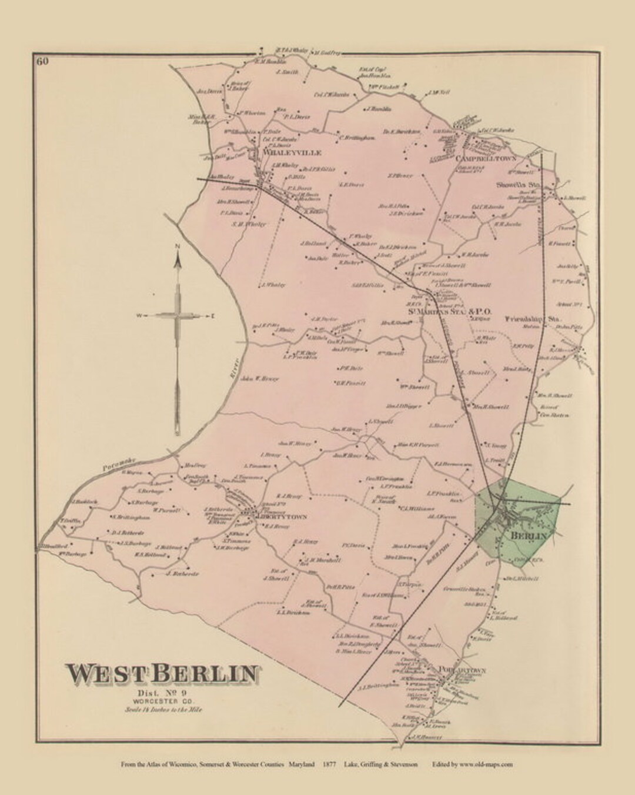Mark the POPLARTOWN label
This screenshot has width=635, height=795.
tap(463, 670)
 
